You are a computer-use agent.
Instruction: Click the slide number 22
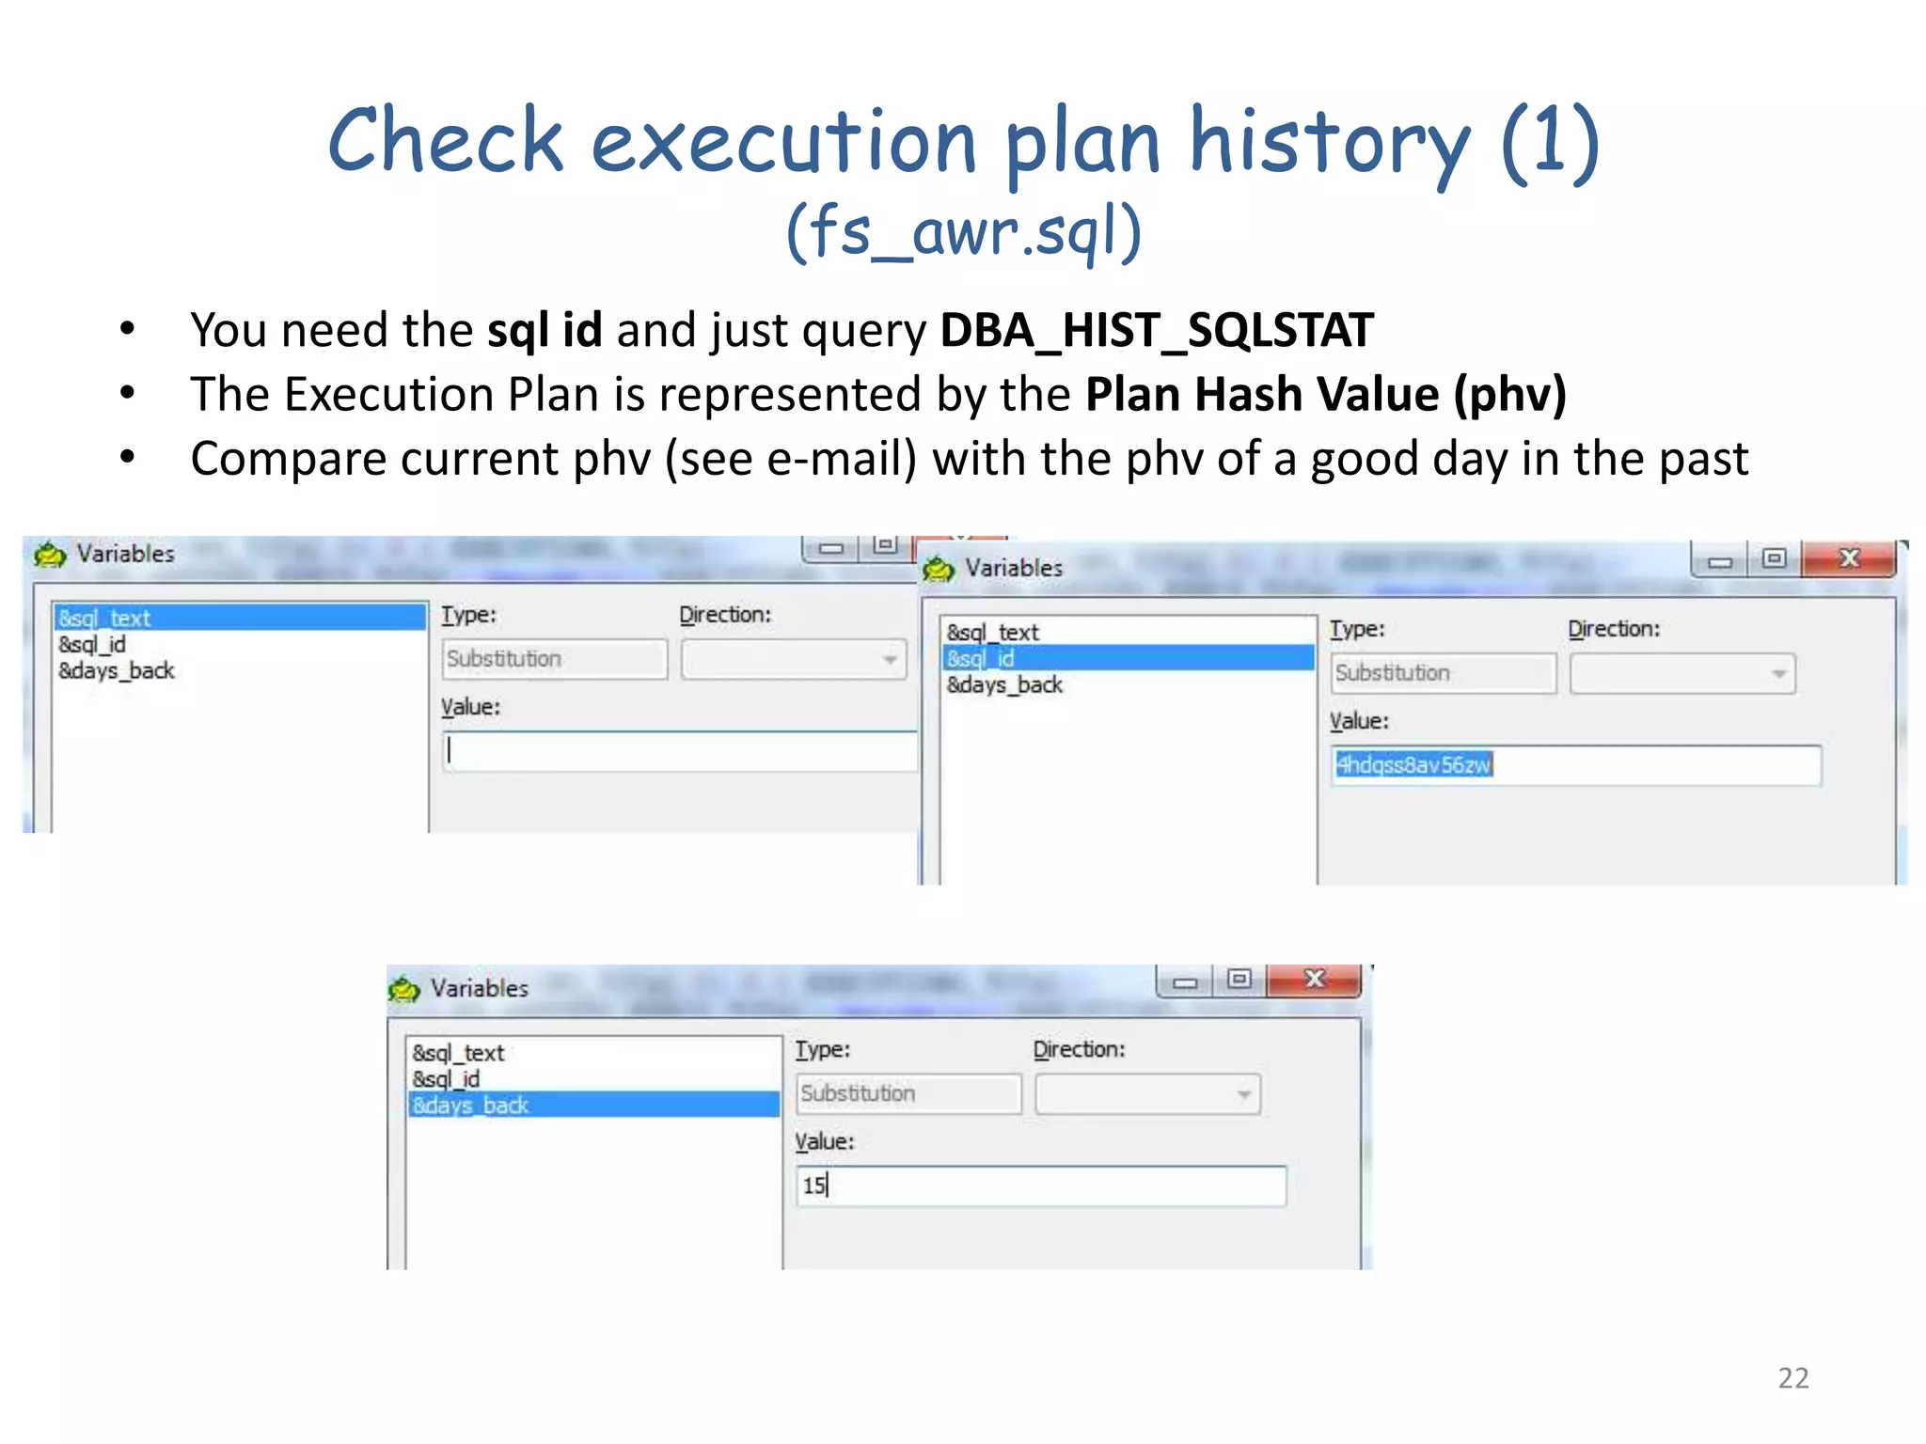[x=1792, y=1377]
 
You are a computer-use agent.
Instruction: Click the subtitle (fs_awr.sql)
[x=963, y=231]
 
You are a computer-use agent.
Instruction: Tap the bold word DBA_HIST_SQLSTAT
[x=1157, y=331]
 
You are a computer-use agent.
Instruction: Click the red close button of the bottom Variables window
[x=1314, y=980]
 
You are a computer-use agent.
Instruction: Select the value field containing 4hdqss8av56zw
[x=1575, y=765]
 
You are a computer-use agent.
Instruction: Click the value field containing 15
[x=1040, y=1185]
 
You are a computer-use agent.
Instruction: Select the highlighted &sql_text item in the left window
[x=240, y=618]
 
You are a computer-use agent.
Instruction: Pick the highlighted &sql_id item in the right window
[x=1128, y=658]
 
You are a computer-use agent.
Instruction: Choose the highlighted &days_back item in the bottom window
[x=593, y=1105]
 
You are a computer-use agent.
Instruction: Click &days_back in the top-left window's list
[x=117, y=670]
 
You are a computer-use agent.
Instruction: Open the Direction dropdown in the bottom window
[x=1147, y=1094]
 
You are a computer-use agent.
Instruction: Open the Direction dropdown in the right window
[x=1681, y=674]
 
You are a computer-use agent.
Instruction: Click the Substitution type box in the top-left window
[x=554, y=659]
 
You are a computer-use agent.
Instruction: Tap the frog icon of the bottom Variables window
[x=404, y=989]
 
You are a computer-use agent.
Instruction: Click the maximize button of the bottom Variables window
[x=1239, y=980]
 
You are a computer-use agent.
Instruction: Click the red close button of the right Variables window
[x=1848, y=558]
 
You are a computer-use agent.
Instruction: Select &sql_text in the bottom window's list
[x=459, y=1053]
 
